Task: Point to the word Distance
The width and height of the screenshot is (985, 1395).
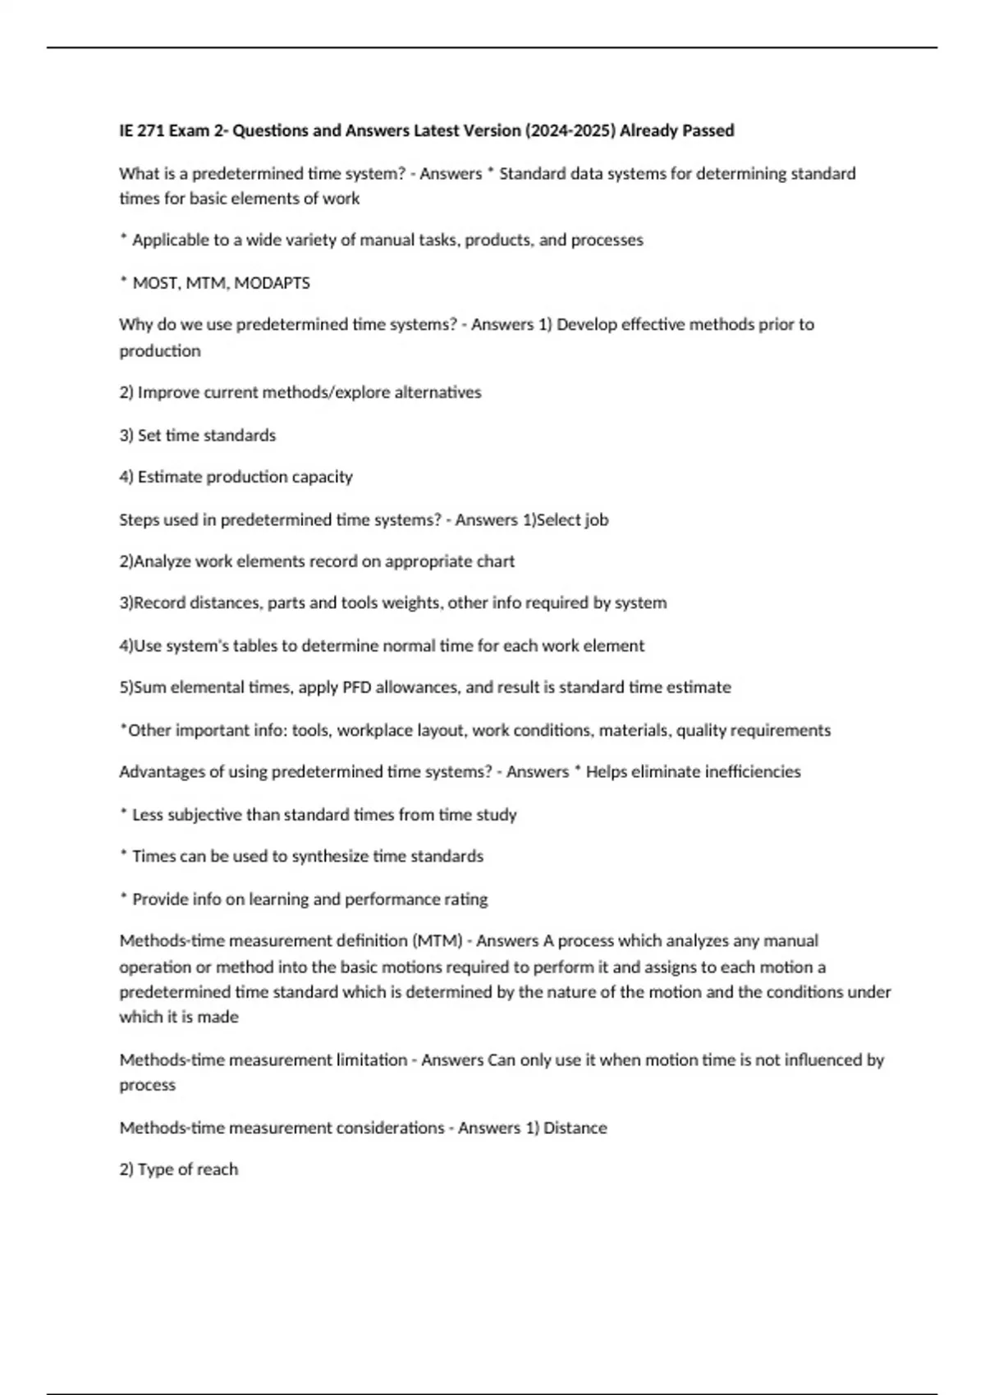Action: pyautogui.click(x=575, y=1127)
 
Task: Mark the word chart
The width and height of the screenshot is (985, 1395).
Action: pyautogui.click(x=495, y=561)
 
